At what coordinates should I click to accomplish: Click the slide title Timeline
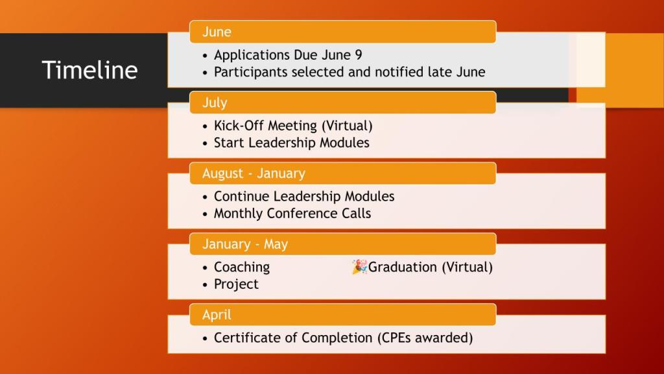click(89, 70)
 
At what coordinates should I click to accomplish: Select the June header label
click(217, 32)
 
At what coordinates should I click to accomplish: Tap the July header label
click(215, 103)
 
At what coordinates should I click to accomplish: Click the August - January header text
click(254, 173)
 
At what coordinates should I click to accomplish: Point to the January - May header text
click(245, 244)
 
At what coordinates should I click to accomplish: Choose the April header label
click(217, 315)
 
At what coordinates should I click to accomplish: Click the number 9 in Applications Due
click(358, 55)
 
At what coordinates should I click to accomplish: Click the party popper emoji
click(359, 267)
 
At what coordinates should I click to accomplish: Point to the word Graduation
click(402, 267)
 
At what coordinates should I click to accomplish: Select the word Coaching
click(242, 267)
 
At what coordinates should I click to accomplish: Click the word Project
click(236, 284)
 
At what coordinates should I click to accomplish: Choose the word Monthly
click(238, 214)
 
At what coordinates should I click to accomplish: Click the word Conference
click(302, 213)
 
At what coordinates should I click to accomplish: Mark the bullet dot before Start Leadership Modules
click(205, 143)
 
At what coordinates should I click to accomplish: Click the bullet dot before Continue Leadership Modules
click(205, 197)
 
